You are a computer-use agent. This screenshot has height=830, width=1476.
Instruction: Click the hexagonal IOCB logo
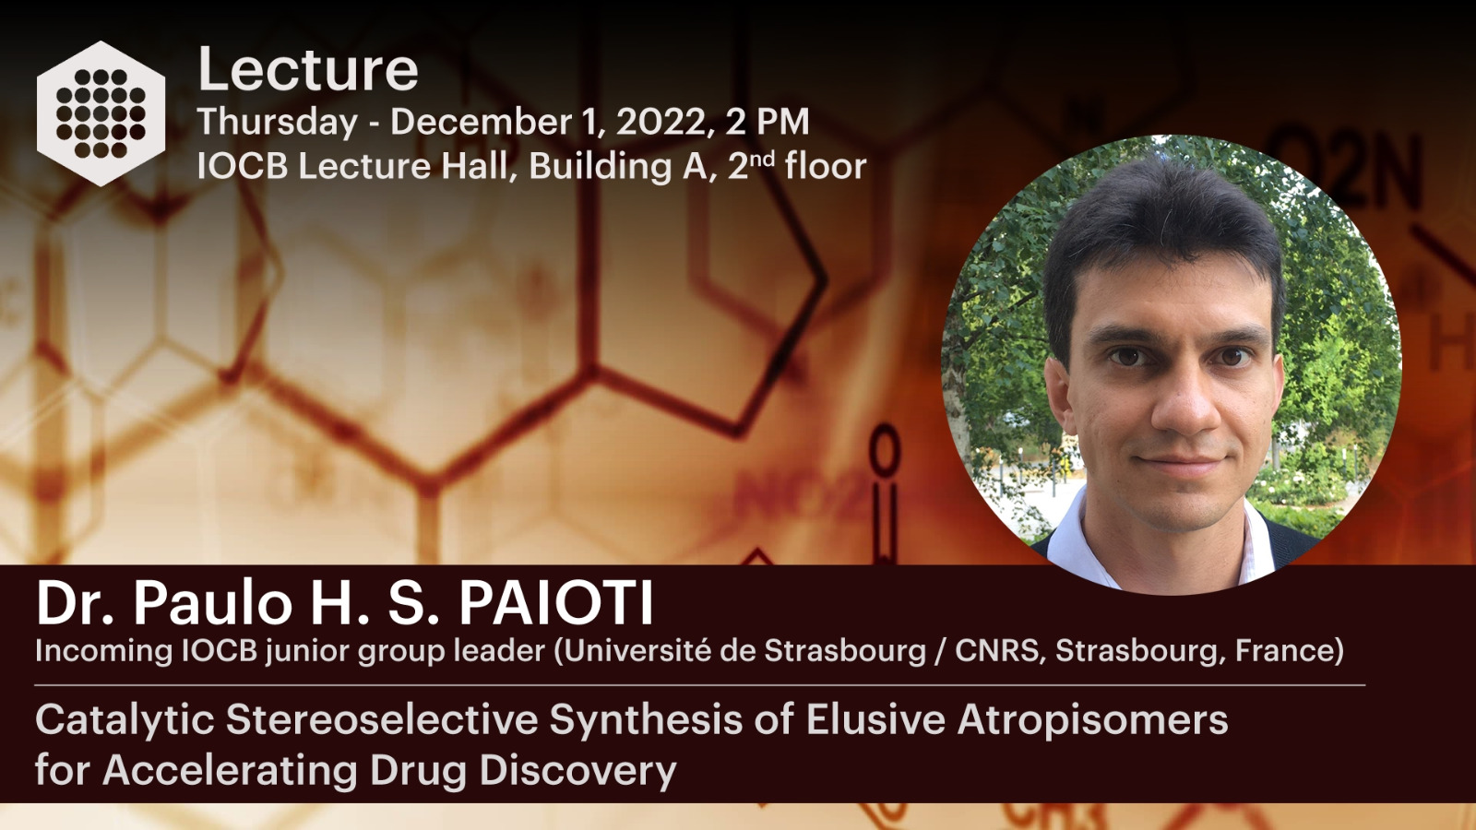point(101,113)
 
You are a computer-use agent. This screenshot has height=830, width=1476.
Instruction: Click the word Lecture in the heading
point(308,69)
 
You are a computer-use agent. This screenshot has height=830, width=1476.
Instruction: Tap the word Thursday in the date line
point(278,123)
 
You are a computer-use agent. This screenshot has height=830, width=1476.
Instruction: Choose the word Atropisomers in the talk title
point(1093,720)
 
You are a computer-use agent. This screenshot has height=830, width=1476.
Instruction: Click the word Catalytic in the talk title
point(125,720)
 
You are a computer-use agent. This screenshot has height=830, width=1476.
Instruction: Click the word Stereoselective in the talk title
point(382,720)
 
